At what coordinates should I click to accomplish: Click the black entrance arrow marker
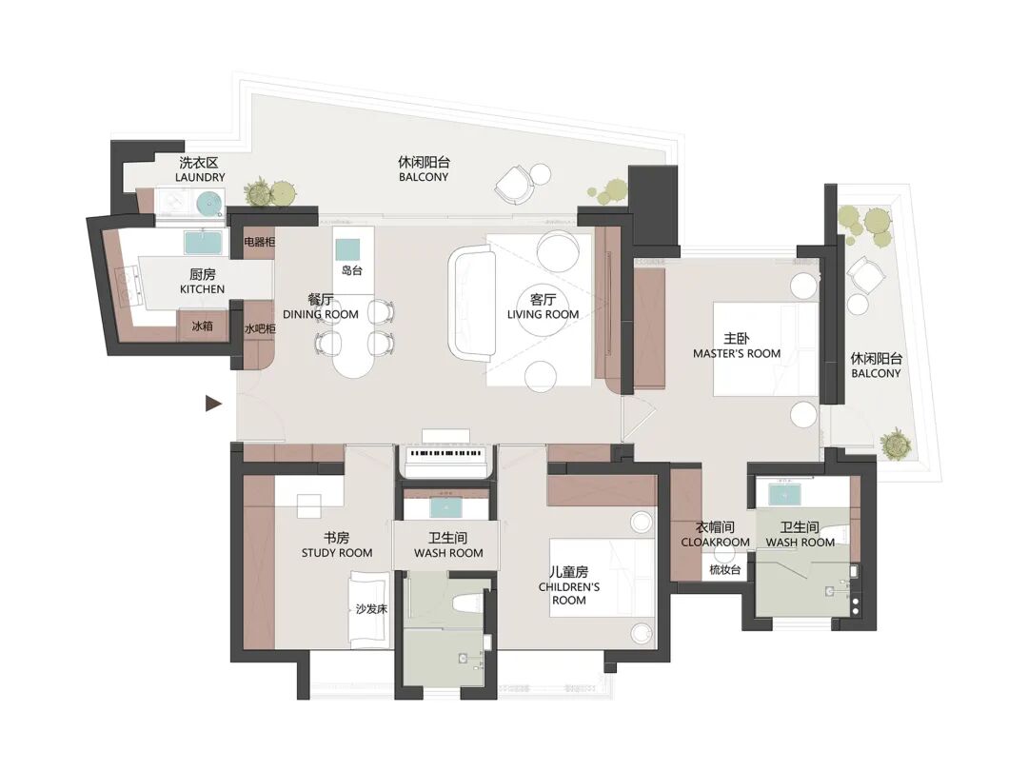click(x=213, y=404)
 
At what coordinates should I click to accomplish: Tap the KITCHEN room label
click(x=203, y=289)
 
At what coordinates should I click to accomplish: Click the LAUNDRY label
click(x=200, y=177)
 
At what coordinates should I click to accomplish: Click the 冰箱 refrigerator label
click(x=202, y=326)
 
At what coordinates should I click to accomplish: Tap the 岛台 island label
click(x=352, y=270)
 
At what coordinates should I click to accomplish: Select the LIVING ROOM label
click(x=543, y=315)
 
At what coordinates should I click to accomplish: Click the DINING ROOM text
click(x=321, y=315)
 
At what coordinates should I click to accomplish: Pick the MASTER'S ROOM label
click(x=737, y=353)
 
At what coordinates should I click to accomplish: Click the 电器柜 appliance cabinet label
click(x=259, y=242)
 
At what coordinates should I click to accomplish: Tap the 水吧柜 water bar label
click(x=260, y=328)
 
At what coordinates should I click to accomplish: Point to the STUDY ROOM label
click(x=337, y=553)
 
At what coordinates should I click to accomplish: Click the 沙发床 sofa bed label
click(x=371, y=609)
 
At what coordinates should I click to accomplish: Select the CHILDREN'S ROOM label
click(x=569, y=593)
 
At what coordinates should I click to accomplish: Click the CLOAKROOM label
click(x=715, y=543)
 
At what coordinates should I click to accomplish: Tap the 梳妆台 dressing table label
click(x=724, y=570)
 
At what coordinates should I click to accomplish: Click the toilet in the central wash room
click(x=465, y=603)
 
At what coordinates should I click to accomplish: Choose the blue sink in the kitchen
click(x=205, y=243)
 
